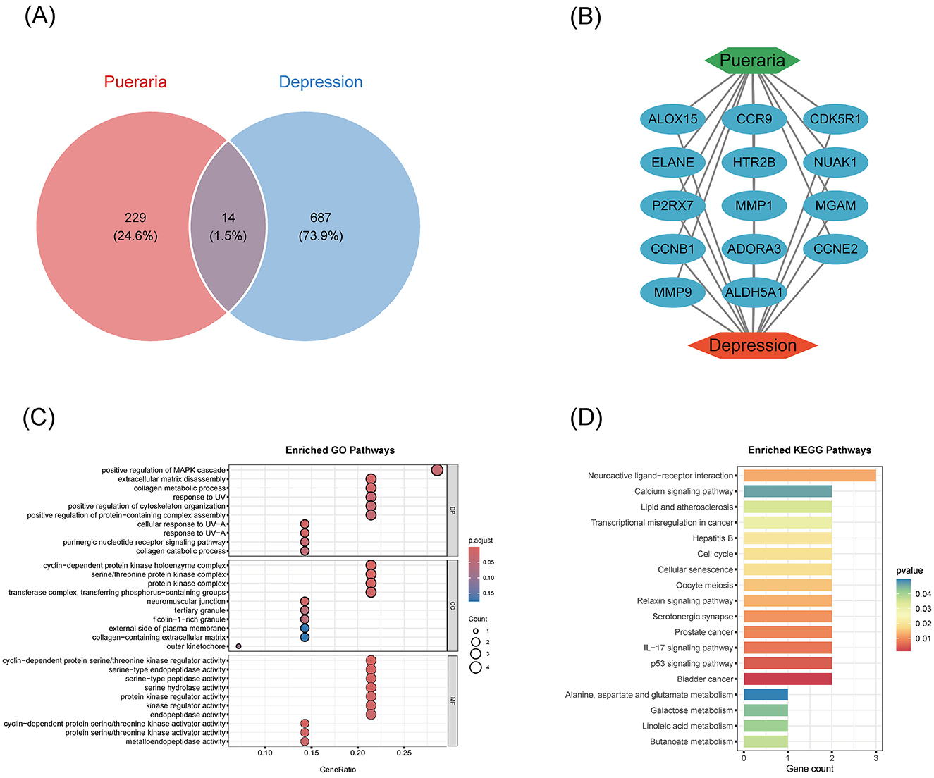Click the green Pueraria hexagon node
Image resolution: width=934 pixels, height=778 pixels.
[x=752, y=61]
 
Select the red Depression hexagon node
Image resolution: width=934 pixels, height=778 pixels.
[x=752, y=345]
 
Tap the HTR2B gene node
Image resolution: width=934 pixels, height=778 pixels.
[x=754, y=162]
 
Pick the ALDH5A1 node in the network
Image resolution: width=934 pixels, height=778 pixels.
[x=754, y=292]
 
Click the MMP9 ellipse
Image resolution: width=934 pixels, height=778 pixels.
[x=672, y=292]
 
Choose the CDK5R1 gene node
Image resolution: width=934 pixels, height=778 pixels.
[x=835, y=119]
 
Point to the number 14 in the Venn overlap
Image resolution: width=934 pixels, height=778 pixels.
[x=228, y=218]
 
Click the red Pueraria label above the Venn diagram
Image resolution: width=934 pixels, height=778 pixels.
[x=135, y=82]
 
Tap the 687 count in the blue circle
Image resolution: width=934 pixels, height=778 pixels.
[x=321, y=218]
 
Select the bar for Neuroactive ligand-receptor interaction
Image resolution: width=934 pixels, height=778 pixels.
[x=809, y=476]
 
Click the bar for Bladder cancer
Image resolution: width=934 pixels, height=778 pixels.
[x=787, y=679]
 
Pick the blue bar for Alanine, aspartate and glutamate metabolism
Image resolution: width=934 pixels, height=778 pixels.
[x=766, y=695]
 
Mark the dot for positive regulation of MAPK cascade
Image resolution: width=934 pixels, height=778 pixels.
[x=436, y=470]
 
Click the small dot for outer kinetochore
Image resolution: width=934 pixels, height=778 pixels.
[x=239, y=646]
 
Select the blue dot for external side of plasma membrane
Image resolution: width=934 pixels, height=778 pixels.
[x=305, y=629]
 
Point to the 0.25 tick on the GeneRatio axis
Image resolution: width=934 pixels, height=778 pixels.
[x=404, y=753]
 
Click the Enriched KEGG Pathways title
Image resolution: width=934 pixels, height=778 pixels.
[x=809, y=450]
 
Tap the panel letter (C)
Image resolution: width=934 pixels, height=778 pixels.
[x=39, y=417]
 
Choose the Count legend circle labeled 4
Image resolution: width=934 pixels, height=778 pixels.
[x=476, y=667]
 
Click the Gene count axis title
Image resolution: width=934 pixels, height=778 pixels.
[x=809, y=768]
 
